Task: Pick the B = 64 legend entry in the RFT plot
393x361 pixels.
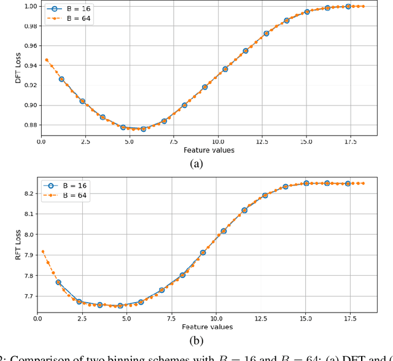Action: click(66, 196)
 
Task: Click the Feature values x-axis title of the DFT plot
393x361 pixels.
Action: click(209, 150)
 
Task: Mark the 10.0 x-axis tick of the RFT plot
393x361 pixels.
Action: click(217, 319)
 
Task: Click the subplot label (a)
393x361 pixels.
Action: click(197, 163)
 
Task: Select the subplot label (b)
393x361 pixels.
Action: click(197, 340)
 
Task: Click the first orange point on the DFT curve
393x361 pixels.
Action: click(46, 60)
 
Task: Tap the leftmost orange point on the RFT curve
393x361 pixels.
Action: click(42, 252)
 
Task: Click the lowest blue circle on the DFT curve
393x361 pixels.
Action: click(144, 129)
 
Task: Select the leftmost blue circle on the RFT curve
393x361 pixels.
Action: click(58, 282)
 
